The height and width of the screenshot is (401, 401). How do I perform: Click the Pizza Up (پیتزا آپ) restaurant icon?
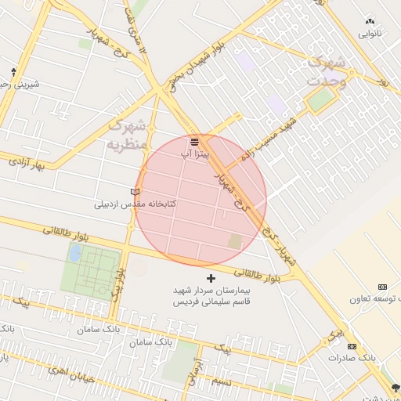coord(194,142)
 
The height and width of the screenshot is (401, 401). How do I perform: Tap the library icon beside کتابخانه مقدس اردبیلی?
coord(135,192)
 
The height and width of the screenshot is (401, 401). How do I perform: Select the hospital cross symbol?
coord(210,278)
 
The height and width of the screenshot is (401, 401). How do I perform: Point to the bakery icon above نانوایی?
coord(370,22)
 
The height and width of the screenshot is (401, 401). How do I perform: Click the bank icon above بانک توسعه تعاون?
coord(382,287)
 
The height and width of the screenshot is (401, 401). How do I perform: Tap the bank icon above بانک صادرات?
coord(352,346)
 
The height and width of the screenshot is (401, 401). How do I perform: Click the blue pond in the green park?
coord(75,253)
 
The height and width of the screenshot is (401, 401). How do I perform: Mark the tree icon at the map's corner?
coord(395,387)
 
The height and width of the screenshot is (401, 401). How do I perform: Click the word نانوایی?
coord(370,34)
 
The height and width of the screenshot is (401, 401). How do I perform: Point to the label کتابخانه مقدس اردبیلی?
coord(135,204)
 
